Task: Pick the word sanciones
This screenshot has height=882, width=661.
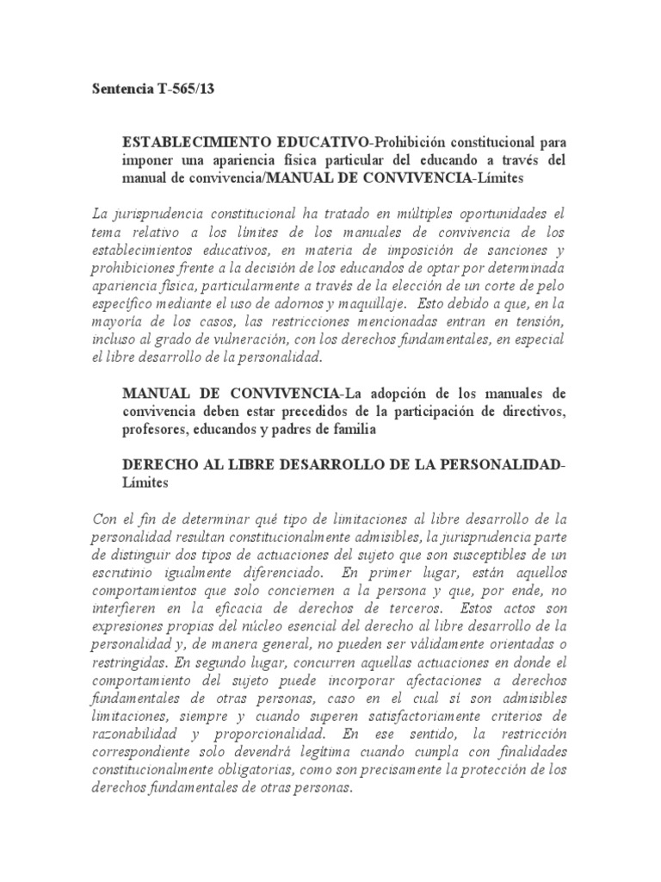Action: [x=515, y=249]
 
